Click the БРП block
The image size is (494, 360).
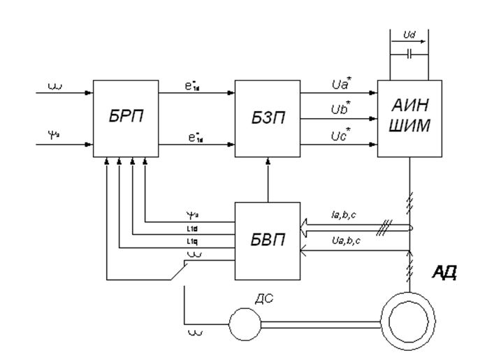(x=127, y=117)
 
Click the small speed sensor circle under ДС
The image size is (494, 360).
(x=244, y=323)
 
